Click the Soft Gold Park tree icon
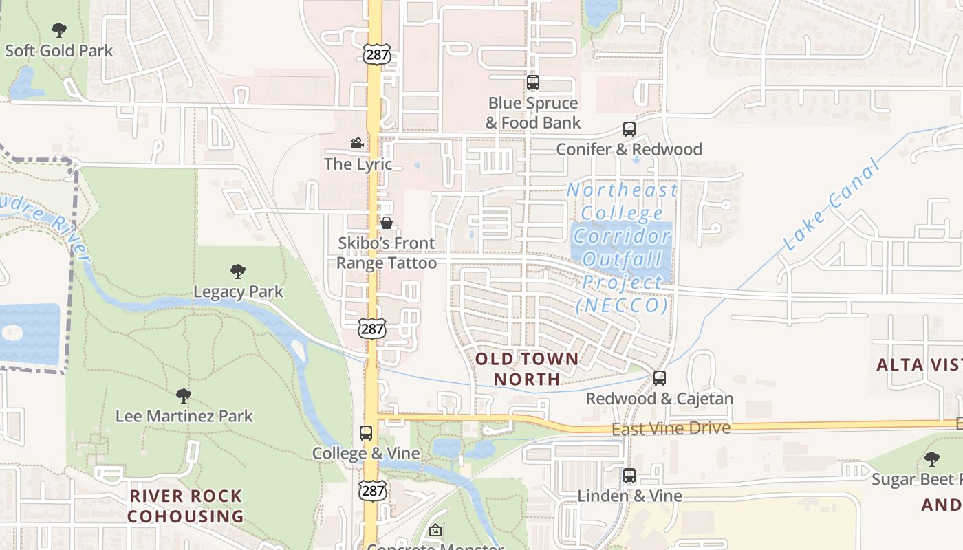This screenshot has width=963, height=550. (x=59, y=30)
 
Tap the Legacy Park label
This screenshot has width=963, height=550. (x=238, y=291)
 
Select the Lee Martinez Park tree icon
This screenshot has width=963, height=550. (x=183, y=396)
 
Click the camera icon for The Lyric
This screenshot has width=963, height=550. (x=357, y=144)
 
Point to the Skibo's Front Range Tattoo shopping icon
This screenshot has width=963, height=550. (x=387, y=223)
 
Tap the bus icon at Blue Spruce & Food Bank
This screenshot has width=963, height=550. (x=532, y=82)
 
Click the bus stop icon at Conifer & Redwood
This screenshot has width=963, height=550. (x=629, y=129)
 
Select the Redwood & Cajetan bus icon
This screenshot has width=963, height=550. (x=659, y=378)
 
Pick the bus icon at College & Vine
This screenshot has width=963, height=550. (x=366, y=433)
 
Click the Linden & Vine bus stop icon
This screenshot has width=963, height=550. (x=629, y=476)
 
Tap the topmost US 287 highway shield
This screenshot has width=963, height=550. (x=377, y=54)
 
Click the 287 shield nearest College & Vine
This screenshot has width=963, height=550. (x=372, y=490)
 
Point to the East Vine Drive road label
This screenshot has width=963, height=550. (x=671, y=428)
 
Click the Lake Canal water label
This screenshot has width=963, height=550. (x=832, y=204)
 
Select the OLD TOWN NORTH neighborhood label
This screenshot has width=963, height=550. (x=527, y=368)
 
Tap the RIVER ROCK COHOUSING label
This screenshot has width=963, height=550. (x=186, y=506)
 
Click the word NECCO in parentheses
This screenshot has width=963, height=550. (x=623, y=305)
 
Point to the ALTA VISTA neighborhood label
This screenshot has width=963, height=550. (x=919, y=364)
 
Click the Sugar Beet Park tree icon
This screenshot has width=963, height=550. (x=931, y=459)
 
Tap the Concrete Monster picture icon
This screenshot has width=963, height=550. (x=435, y=531)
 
